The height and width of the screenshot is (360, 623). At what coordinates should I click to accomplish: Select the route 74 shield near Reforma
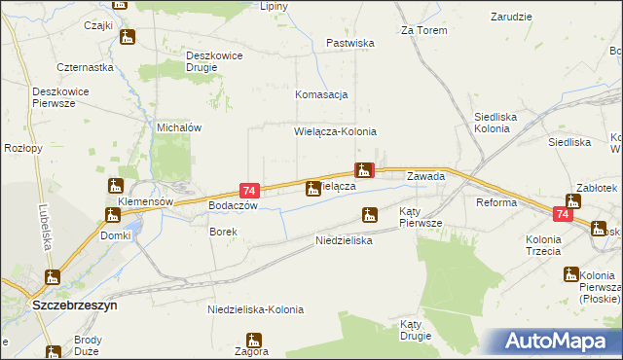(x=564, y=213)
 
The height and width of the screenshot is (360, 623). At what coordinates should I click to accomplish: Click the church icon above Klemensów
(x=116, y=185)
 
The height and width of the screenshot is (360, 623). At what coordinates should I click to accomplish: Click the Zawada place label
(x=425, y=177)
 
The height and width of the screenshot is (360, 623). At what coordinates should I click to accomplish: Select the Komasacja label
(x=321, y=94)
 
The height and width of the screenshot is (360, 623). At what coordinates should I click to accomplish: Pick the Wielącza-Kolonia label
(x=335, y=131)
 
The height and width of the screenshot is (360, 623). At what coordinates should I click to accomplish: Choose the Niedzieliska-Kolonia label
(x=256, y=309)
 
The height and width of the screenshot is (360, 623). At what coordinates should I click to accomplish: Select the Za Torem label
(x=423, y=30)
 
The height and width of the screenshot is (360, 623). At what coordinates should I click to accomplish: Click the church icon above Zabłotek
(x=572, y=201)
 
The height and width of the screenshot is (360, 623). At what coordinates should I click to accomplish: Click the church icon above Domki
(x=111, y=214)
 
